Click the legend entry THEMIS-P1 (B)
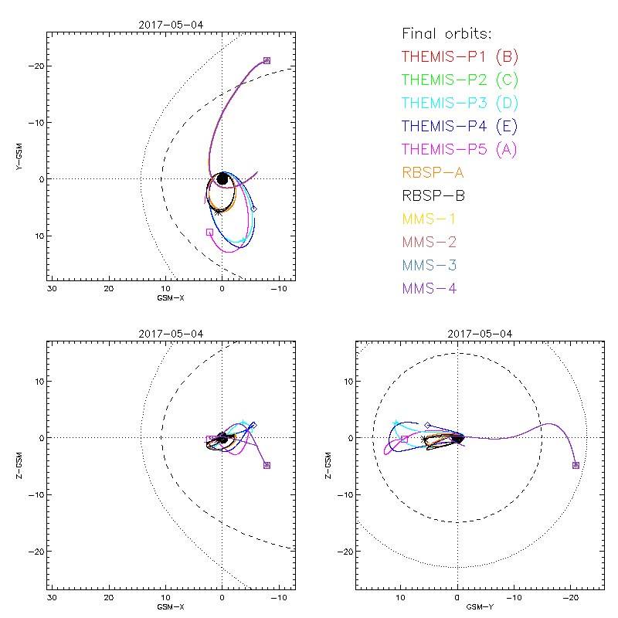click(x=460, y=56)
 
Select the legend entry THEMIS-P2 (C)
click(x=460, y=80)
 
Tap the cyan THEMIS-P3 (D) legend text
click(x=460, y=103)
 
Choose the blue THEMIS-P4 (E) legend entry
click(x=460, y=126)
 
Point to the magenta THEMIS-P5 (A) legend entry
click(x=460, y=149)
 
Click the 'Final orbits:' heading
click(x=447, y=33)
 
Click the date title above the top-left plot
click(x=171, y=25)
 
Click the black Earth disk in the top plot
click(x=222, y=178)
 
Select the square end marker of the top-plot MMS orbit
click(x=267, y=60)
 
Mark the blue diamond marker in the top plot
click(x=253, y=209)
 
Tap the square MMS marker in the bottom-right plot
click(x=576, y=465)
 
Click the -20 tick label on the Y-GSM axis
click(x=34, y=66)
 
